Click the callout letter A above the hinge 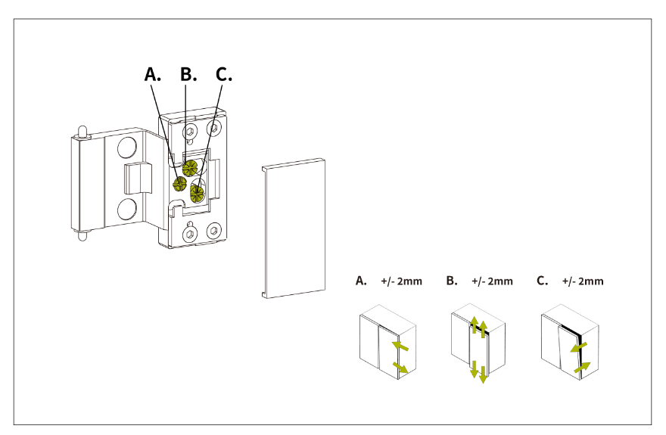pos(153,74)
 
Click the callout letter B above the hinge pos(188,74)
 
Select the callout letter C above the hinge pos(223,74)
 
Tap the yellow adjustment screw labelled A pos(180,184)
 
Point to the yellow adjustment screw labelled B pos(191,166)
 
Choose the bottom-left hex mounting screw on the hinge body pos(188,231)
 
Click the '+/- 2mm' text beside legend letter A pos(401,281)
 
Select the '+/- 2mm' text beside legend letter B pos(492,281)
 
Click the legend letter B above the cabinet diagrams pos(452,281)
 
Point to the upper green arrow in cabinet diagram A pos(402,347)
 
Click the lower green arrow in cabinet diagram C pos(581,368)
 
